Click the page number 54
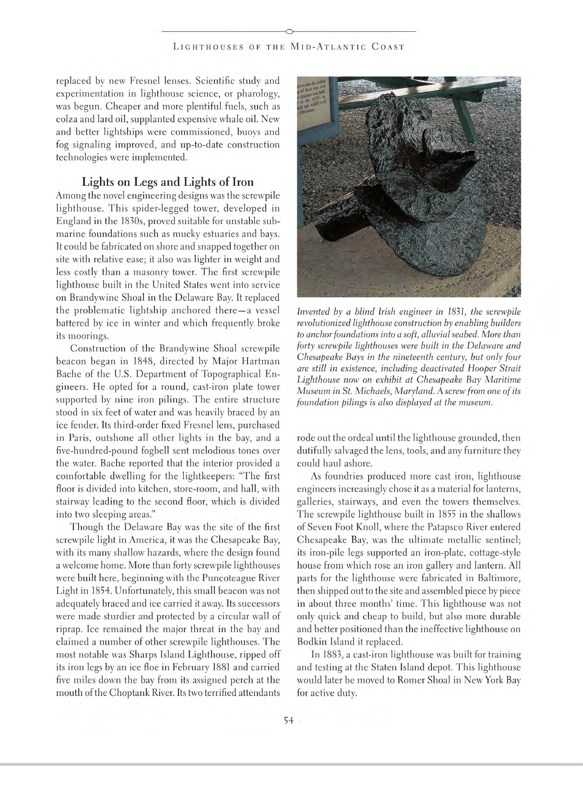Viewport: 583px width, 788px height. click(x=288, y=721)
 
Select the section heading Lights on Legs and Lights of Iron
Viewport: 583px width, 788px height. click(x=168, y=182)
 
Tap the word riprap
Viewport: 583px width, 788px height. click(x=67, y=629)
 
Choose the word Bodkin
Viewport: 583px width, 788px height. click(x=310, y=642)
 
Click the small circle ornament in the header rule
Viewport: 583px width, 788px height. click(x=289, y=31)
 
